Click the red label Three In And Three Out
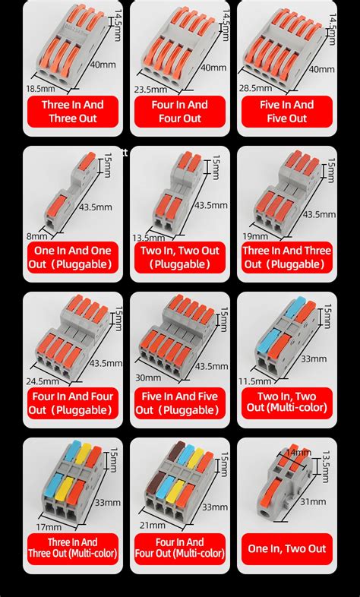click(x=72, y=111)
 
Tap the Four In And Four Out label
click(x=180, y=111)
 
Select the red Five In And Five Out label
click(x=287, y=111)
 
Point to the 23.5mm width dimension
click(x=152, y=88)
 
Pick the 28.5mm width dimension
click(x=256, y=88)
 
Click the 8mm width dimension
click(x=32, y=236)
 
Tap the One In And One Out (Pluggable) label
click(x=72, y=257)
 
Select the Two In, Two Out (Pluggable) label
click(x=180, y=257)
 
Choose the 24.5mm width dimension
click(x=41, y=381)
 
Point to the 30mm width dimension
click(x=147, y=377)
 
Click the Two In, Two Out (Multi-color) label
click(x=287, y=403)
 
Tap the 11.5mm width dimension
click(x=255, y=381)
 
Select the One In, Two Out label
click(x=287, y=548)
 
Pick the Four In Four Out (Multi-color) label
click(x=180, y=548)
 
